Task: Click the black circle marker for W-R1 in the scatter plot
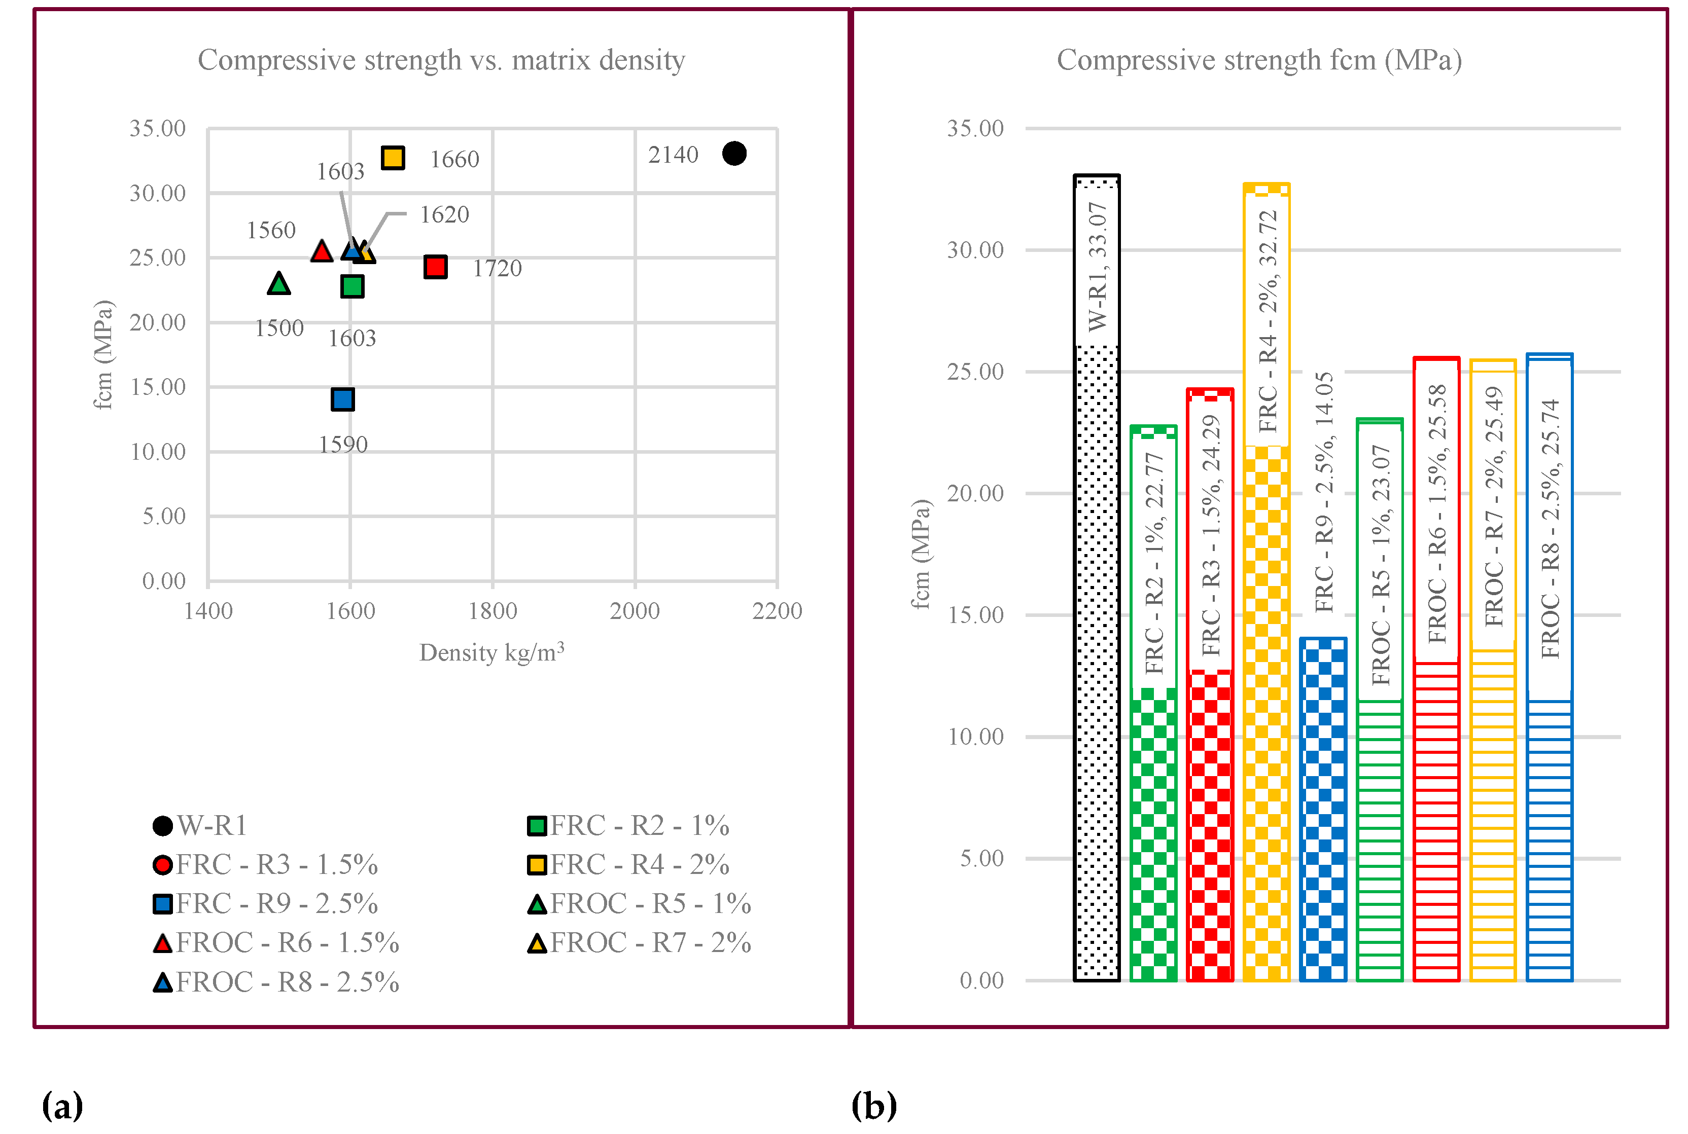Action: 733,153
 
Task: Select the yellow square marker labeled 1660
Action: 393,158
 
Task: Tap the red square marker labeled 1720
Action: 435,267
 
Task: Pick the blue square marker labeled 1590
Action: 342,399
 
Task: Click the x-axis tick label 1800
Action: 492,611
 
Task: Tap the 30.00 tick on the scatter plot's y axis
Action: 157,193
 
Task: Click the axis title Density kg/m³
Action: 491,652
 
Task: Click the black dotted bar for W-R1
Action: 1096,651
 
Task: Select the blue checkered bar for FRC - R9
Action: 1323,810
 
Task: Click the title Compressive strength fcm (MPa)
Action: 1258,60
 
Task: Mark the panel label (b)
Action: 873,1106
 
